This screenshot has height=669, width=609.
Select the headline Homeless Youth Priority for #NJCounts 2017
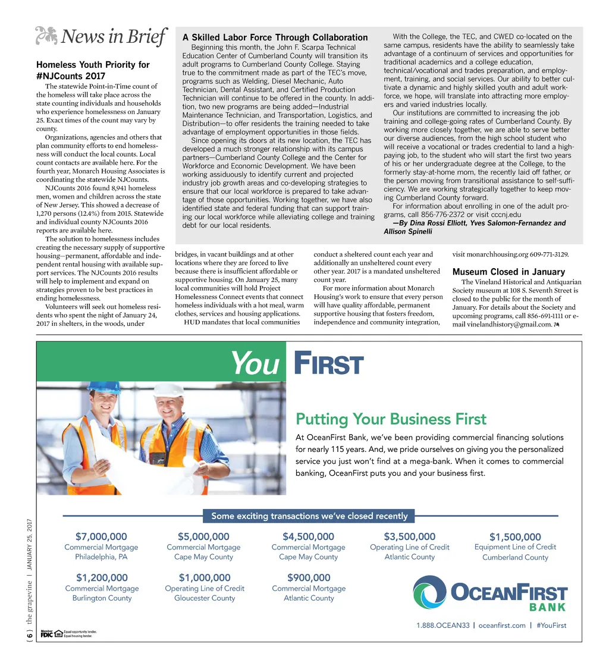coord(93,70)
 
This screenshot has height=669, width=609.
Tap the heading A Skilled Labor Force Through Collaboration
coord(275,37)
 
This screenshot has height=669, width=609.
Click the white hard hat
coord(169,390)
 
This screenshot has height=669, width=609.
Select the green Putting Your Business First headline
coord(391,419)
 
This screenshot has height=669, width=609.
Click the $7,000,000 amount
coord(101,537)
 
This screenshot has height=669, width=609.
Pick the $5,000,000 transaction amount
coord(203,537)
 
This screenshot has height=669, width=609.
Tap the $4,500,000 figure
coord(308,537)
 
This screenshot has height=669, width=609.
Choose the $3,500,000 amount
coord(410,537)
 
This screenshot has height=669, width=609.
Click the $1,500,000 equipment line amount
coord(515,538)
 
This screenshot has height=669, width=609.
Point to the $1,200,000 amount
coord(102,577)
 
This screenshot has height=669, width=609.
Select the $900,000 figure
coord(308,577)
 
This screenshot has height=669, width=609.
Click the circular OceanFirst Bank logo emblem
coord(429,593)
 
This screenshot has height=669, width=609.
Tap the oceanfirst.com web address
coord(502,625)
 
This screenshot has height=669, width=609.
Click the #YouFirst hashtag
coord(551,625)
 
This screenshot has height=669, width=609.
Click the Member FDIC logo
coord(46,634)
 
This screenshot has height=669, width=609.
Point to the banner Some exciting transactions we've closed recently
coord(309,516)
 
